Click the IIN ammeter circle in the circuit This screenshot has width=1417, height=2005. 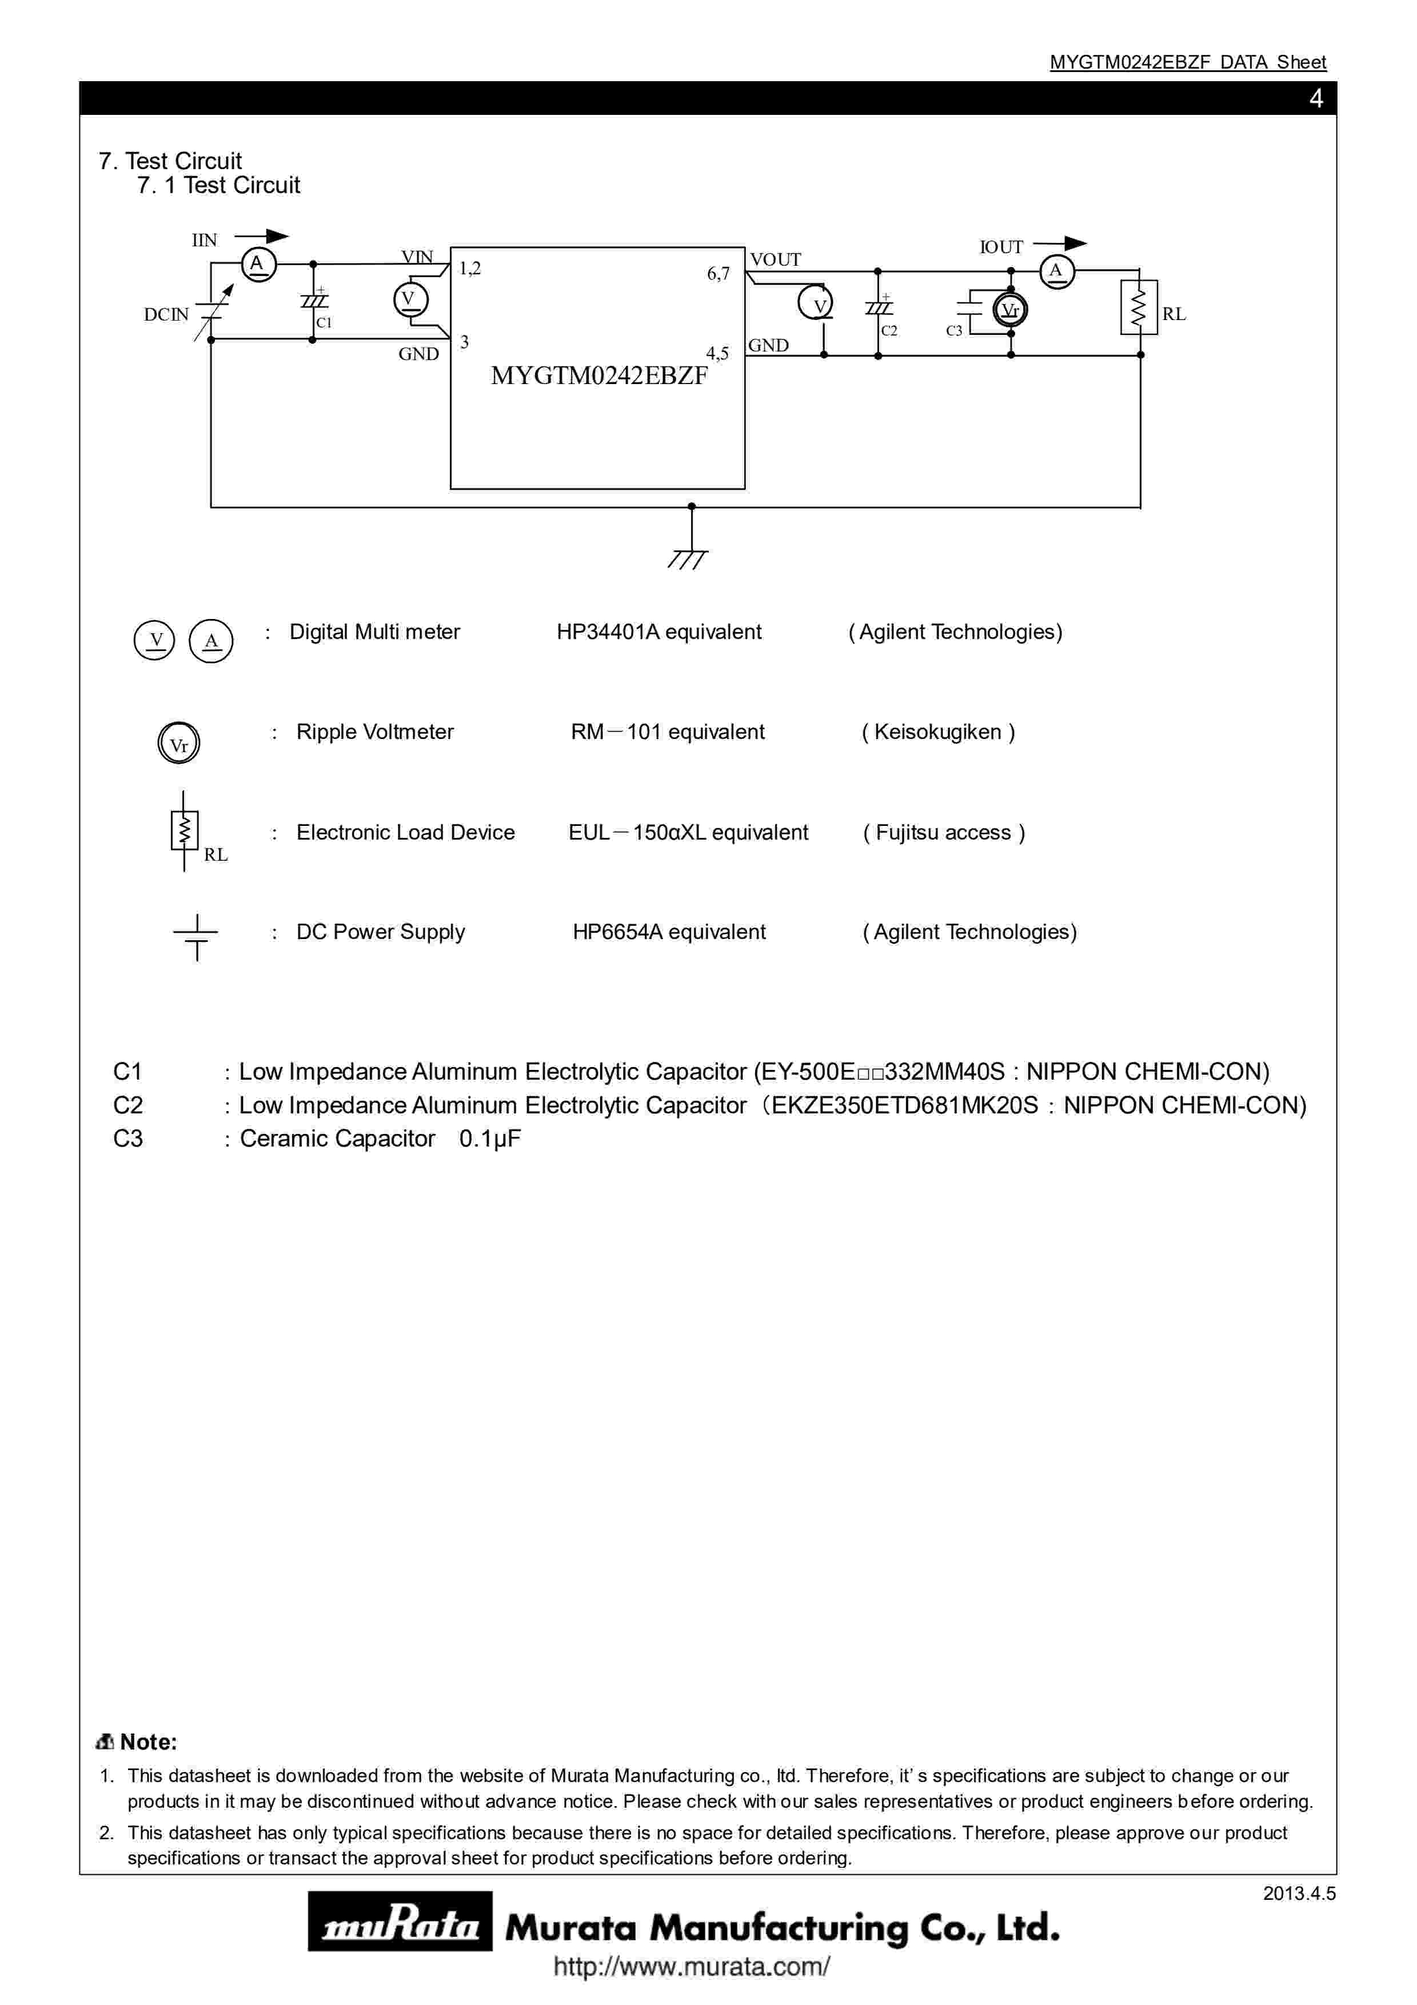pyautogui.click(x=258, y=263)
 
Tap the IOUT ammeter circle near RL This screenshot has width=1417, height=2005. pyautogui.click(x=1056, y=271)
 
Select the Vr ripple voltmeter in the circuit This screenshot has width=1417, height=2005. pyautogui.click(x=1010, y=310)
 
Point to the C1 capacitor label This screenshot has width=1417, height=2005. pyautogui.click(x=324, y=322)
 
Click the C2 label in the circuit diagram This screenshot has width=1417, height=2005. pyautogui.click(x=889, y=330)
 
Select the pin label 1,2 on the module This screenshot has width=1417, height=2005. pyautogui.click(x=470, y=268)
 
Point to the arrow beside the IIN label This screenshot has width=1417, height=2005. pyautogui.click(x=261, y=236)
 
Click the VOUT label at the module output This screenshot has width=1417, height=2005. pyautogui.click(x=775, y=259)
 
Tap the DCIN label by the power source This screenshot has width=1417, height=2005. pyautogui.click(x=166, y=314)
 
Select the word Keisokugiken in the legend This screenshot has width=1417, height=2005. pyautogui.click(x=937, y=732)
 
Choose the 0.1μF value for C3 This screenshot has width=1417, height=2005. pyautogui.click(x=490, y=1139)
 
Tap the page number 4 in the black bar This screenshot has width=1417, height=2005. pyautogui.click(x=1316, y=99)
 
